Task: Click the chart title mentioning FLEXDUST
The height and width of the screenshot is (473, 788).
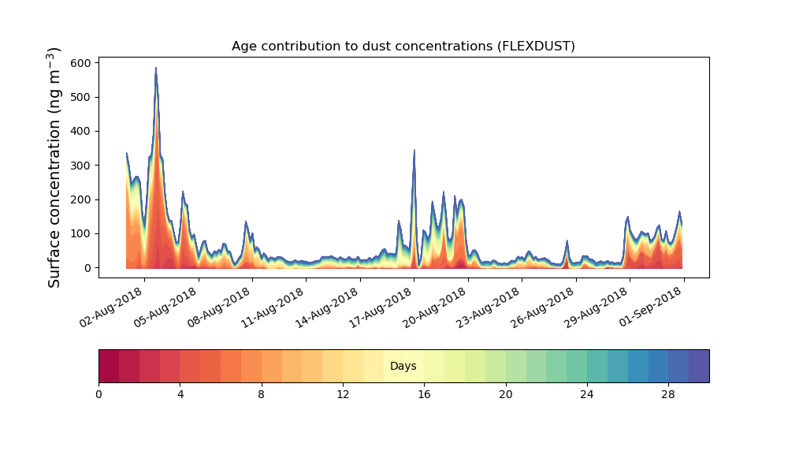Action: (x=403, y=46)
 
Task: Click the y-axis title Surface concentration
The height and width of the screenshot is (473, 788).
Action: (x=54, y=166)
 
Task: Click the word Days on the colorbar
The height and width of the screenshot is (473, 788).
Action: (x=403, y=367)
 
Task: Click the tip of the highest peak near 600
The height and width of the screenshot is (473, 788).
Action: (x=156, y=69)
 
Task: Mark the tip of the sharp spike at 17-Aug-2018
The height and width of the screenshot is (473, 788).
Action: (x=414, y=151)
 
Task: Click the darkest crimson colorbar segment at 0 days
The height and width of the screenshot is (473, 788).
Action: (x=109, y=366)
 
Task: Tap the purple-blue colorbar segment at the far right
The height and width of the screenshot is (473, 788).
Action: (x=698, y=366)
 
